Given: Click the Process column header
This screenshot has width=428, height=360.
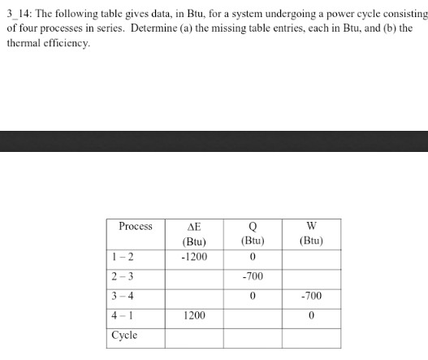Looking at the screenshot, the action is (135, 226).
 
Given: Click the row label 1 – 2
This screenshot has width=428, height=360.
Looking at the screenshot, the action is (123, 258).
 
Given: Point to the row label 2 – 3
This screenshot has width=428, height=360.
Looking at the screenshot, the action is (123, 276).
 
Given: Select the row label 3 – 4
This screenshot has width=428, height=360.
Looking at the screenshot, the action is (123, 296).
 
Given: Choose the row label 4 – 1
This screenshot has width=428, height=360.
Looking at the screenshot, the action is (123, 315).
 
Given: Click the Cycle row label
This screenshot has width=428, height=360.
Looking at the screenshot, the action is (124, 335).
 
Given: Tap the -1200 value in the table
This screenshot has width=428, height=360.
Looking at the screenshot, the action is (194, 258).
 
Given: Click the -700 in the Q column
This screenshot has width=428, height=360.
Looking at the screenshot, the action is (253, 277).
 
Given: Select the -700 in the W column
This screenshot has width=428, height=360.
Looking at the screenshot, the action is (311, 297).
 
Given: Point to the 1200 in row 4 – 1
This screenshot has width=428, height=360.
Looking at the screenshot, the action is (194, 316).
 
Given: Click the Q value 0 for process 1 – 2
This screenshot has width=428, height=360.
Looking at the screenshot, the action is (253, 258).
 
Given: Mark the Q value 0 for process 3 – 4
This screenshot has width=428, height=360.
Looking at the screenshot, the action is (253, 297).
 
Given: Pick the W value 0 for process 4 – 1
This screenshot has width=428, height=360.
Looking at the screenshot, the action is (311, 316).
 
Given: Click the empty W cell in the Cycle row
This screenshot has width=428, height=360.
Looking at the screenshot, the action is (311, 336).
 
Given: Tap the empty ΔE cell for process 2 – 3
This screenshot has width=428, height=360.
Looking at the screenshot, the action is (194, 277).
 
